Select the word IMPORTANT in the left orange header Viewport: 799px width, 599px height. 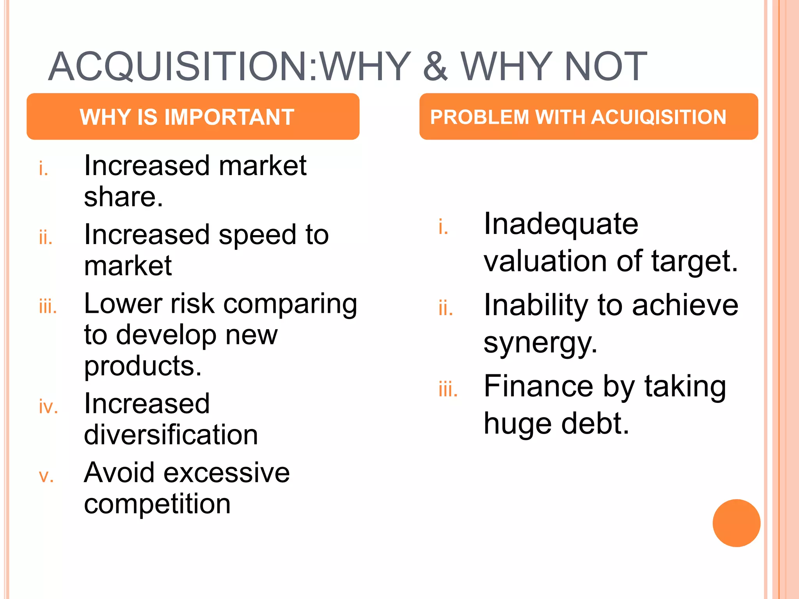click(229, 117)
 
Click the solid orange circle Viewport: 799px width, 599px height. click(736, 523)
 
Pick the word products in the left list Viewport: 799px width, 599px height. click(142, 367)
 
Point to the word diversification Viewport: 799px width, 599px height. click(171, 434)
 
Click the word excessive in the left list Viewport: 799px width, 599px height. click(227, 473)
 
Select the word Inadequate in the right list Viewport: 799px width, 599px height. click(561, 225)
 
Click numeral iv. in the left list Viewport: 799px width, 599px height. click(48, 407)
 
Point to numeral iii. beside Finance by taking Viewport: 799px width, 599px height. click(448, 389)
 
